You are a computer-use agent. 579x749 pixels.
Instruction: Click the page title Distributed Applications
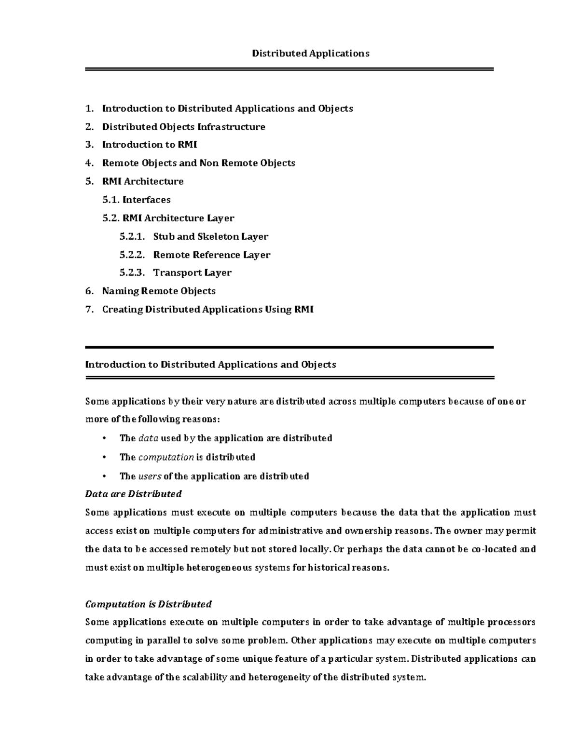click(x=310, y=54)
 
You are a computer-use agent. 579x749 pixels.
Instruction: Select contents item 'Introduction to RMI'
click(x=150, y=145)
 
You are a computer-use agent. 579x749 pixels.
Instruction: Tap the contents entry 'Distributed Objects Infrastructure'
click(x=183, y=127)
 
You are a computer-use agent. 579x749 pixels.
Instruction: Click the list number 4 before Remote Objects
click(x=88, y=163)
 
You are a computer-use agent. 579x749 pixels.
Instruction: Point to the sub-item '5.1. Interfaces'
click(x=137, y=200)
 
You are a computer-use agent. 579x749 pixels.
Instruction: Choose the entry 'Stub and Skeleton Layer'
click(x=210, y=236)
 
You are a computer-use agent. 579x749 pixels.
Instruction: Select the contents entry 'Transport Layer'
click(x=192, y=272)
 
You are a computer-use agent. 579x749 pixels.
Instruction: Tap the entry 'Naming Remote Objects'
click(x=159, y=291)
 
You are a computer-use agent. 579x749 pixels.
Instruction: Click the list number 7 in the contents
click(x=88, y=309)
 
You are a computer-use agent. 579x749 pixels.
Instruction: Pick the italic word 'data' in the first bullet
click(x=148, y=438)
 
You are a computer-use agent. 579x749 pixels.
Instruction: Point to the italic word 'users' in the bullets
click(x=150, y=477)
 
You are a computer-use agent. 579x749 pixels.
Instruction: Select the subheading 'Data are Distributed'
click(x=133, y=494)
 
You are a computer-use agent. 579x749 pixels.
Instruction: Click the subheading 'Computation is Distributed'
click(x=148, y=604)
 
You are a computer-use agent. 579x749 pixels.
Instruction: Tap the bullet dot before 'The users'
click(x=104, y=477)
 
